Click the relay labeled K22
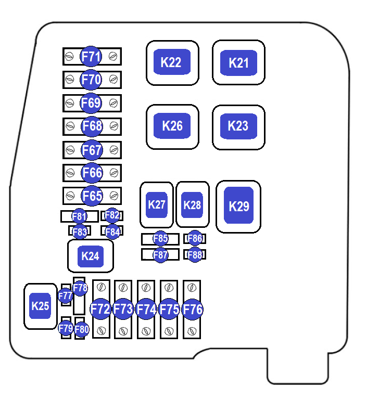[x=172, y=62]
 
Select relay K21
[x=239, y=63]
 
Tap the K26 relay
[x=172, y=126]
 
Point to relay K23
[x=238, y=126]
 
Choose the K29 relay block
[x=239, y=206]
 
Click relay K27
[x=157, y=204]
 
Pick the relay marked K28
[x=192, y=204]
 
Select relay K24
[x=91, y=256]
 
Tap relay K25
[x=40, y=306]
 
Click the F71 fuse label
[x=91, y=56]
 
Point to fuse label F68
[x=92, y=126]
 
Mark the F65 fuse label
[x=92, y=196]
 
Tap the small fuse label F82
[x=112, y=215]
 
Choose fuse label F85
[x=160, y=239]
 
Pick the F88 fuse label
[x=195, y=255]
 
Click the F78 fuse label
[x=80, y=288]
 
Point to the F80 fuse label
[x=82, y=329]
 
